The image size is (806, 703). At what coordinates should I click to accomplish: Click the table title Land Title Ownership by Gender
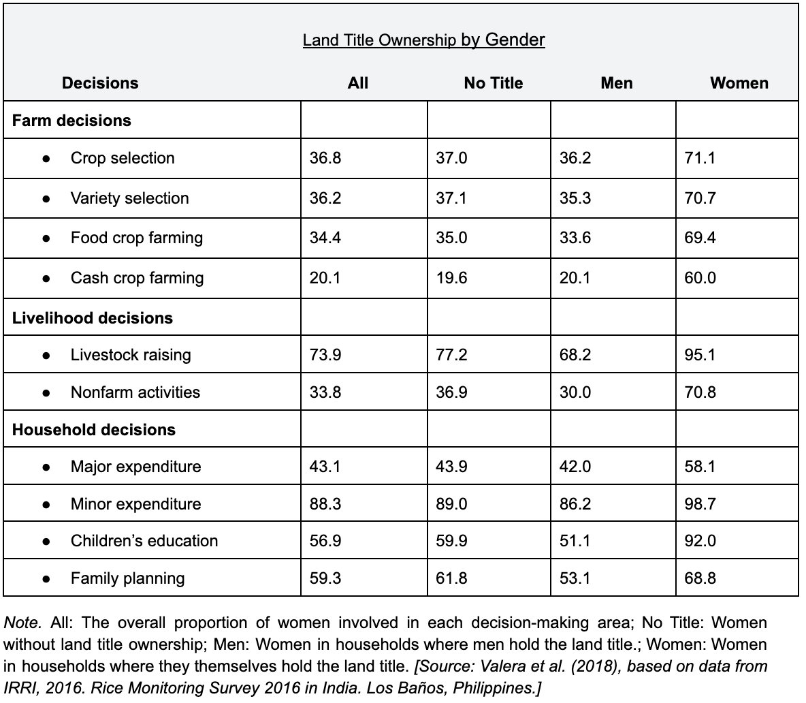tap(423, 40)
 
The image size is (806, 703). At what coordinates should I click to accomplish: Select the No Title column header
tap(494, 83)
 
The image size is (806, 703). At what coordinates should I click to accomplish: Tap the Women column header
tap(739, 83)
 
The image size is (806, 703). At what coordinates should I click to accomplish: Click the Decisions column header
tap(100, 83)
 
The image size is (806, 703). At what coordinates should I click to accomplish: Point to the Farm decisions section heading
tap(71, 121)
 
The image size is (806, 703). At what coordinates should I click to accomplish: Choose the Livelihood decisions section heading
tap(93, 318)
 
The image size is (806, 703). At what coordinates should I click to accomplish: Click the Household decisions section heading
tap(93, 429)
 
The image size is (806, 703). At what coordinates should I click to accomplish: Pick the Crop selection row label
tap(123, 158)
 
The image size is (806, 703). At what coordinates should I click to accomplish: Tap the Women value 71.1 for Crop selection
tap(700, 158)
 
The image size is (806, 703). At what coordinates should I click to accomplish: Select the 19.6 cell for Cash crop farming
tap(451, 278)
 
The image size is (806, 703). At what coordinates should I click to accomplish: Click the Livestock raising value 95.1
tap(700, 355)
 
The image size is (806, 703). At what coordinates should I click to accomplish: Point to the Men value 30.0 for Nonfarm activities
tap(575, 392)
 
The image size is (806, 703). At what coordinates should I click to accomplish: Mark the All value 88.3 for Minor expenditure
tap(325, 504)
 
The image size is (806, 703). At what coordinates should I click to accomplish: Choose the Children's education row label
tap(144, 541)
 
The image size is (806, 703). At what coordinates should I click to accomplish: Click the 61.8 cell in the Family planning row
tap(451, 578)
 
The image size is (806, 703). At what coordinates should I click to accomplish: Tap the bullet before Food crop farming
tap(46, 238)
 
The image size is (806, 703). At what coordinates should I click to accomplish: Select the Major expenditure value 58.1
tap(700, 467)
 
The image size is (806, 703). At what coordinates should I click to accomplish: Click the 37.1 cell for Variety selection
tap(451, 198)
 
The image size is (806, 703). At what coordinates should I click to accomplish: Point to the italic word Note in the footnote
tap(22, 623)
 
